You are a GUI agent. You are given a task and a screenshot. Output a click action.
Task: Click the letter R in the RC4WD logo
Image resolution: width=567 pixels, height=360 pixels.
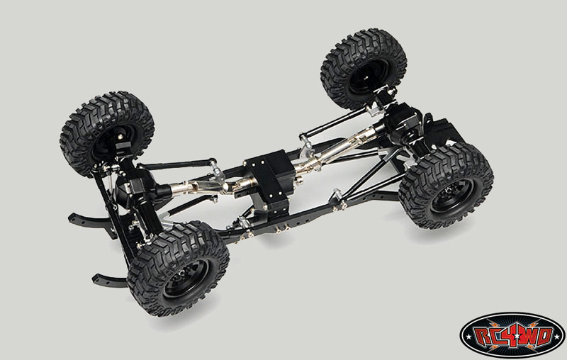tap(484, 337)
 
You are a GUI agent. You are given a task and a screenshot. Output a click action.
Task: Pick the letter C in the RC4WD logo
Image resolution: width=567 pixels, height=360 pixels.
tap(498, 337)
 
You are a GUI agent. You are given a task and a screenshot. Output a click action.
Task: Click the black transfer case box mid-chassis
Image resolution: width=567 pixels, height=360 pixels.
tap(269, 181)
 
